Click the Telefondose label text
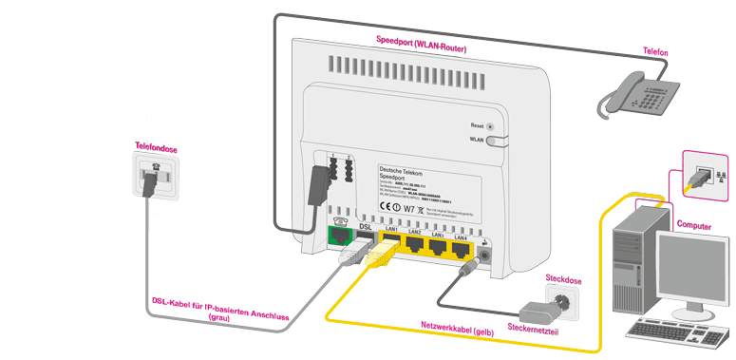tap(156, 149)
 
